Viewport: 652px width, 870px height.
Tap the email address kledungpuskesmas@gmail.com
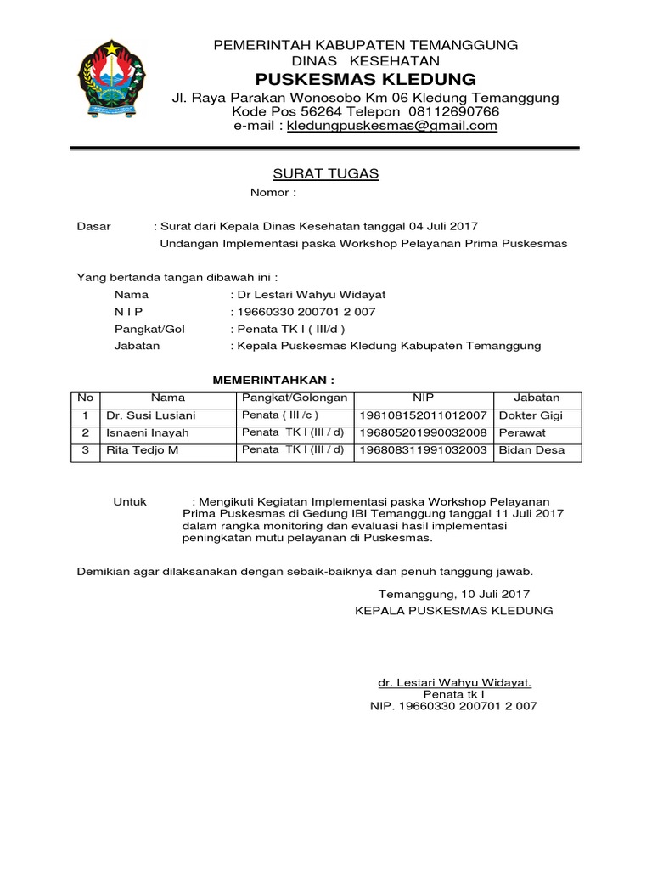tap(391, 126)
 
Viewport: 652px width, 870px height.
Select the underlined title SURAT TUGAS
tap(325, 174)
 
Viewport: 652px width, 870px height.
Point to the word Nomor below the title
tap(271, 193)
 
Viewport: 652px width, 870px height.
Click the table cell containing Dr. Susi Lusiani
tap(150, 415)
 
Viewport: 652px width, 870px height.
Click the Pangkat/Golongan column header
tap(295, 398)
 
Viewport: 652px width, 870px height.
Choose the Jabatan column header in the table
tap(537, 398)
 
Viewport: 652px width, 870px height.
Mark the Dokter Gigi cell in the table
tap(531, 415)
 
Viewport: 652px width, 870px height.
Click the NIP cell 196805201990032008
tap(424, 432)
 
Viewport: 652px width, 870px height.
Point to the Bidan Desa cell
tap(531, 450)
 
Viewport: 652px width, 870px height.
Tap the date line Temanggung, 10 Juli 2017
tap(454, 595)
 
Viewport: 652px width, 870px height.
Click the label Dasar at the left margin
tap(94, 226)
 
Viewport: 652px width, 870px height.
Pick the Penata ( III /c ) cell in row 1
tap(280, 415)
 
